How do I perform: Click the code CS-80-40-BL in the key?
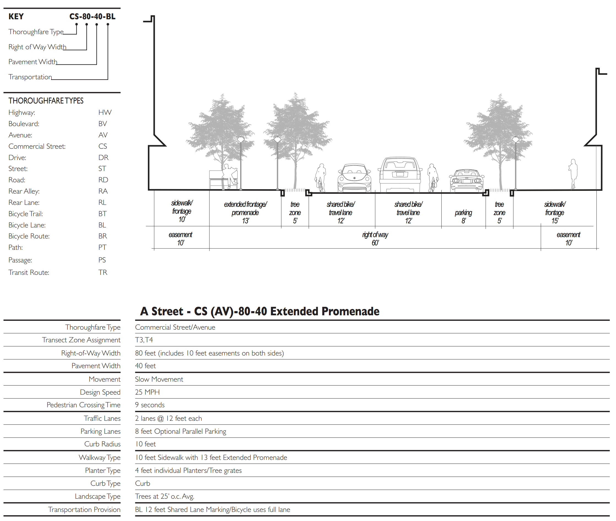coord(92,17)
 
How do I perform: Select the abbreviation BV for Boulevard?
coord(102,124)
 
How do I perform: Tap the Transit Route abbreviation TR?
coord(102,272)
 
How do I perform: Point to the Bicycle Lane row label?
coord(27,225)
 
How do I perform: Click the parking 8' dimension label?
coord(463,216)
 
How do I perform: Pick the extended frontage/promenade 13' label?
coord(245,212)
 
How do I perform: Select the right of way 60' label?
coord(375,239)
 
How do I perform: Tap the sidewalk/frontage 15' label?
coord(555,212)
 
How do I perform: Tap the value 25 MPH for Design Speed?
coord(147,392)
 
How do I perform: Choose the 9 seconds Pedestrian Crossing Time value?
coord(150,405)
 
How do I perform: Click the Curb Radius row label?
coord(102,444)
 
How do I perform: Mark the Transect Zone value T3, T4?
coord(144,340)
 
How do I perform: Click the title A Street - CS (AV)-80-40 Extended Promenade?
coord(260,311)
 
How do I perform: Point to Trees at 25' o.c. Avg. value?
coord(164,496)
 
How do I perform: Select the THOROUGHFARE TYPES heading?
coord(46,101)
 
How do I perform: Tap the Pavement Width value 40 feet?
coord(145,366)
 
